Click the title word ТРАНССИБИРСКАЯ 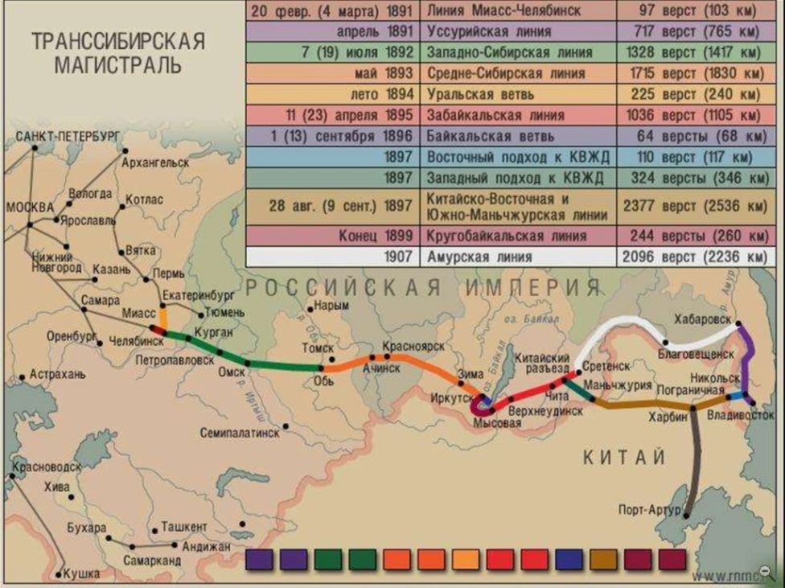[118, 41]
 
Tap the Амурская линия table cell [515, 258]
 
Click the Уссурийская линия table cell [515, 32]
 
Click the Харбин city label [668, 417]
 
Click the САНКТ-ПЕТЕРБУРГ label [68, 137]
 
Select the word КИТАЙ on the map [623, 458]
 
